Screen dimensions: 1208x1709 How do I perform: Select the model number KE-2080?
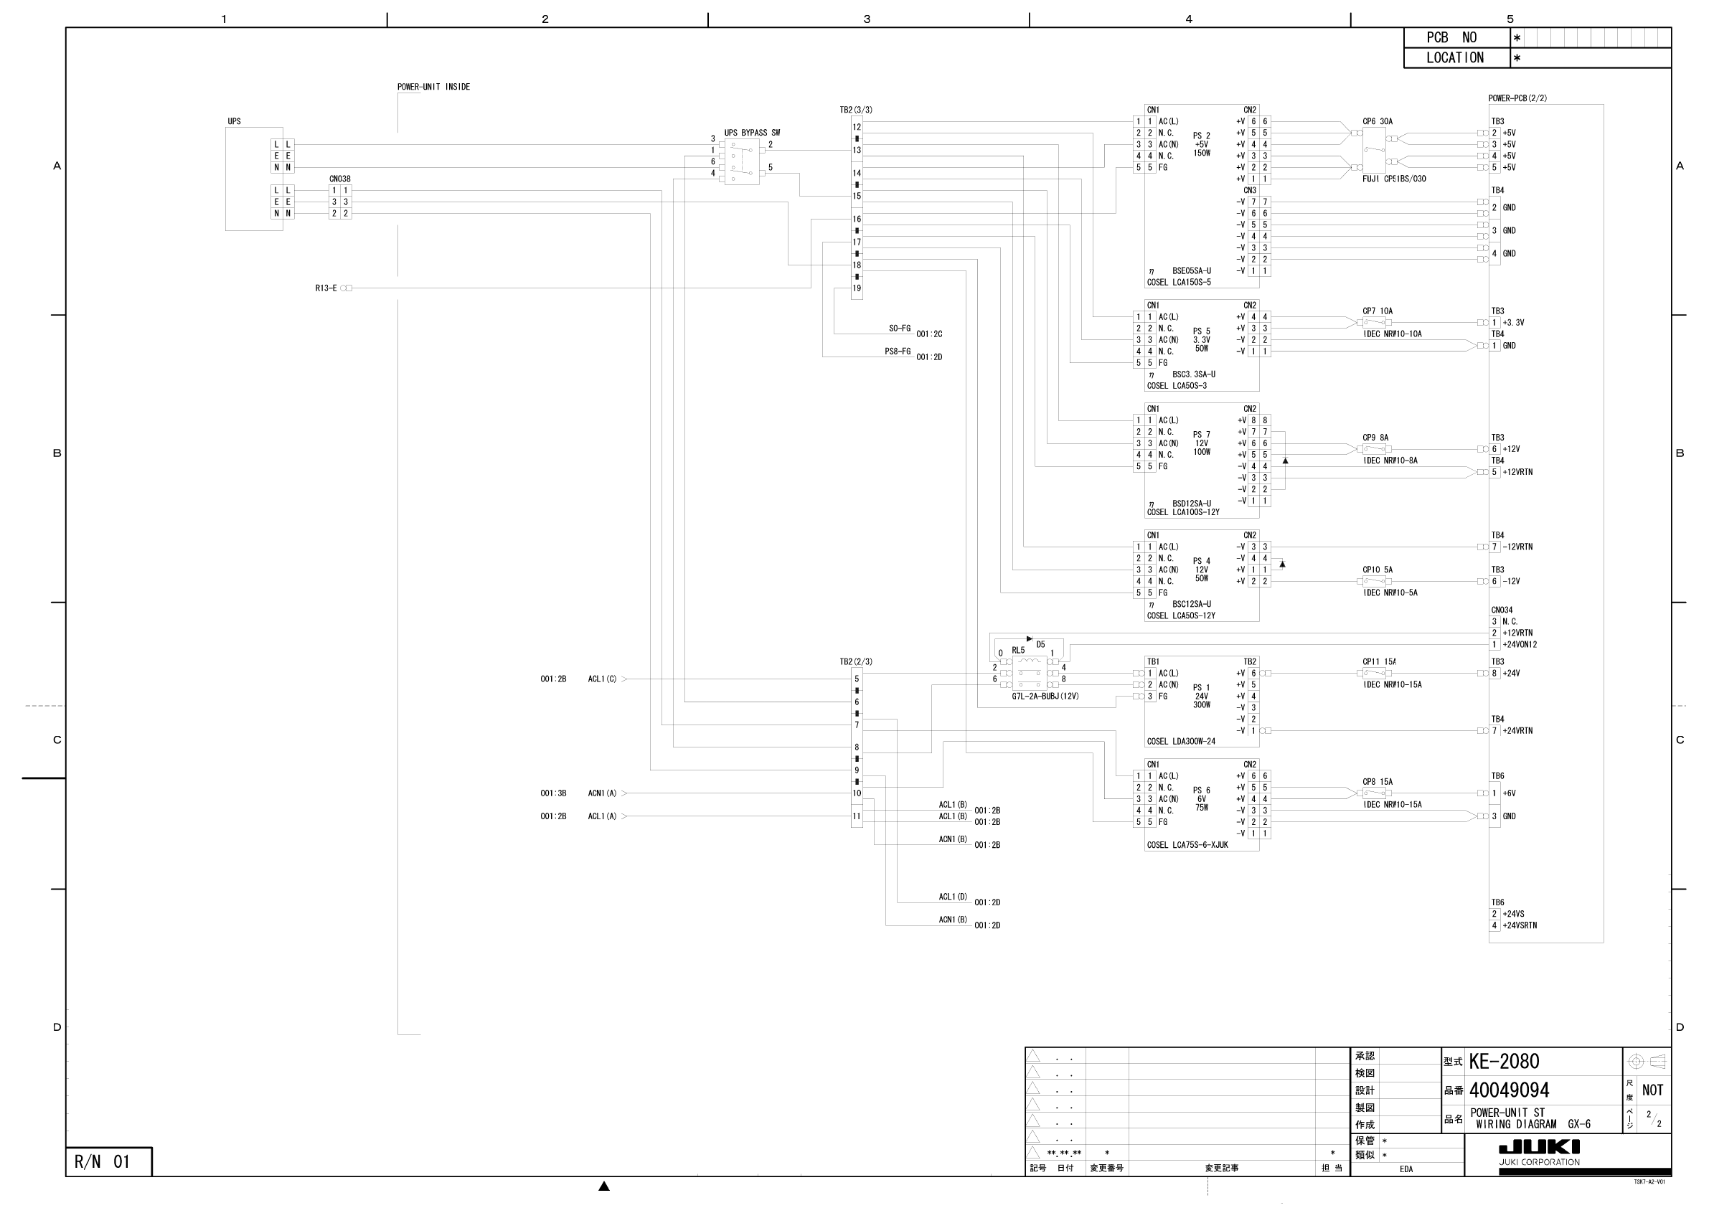tap(1504, 1062)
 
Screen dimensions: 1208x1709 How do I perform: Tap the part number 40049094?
tap(1509, 1090)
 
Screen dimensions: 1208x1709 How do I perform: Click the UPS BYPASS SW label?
tap(752, 133)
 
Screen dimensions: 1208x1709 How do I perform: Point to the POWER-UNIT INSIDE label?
tap(433, 87)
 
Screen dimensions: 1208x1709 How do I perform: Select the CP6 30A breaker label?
tap(1377, 121)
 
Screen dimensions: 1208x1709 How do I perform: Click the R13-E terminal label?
tap(326, 288)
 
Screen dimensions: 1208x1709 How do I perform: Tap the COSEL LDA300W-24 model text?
tap(1182, 742)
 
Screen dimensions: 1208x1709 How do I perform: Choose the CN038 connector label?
tap(339, 179)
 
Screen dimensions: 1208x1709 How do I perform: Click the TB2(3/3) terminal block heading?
tap(856, 110)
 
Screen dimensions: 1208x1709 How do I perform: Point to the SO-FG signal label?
tap(899, 329)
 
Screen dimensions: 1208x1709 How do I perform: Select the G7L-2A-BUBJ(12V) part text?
tap(1045, 697)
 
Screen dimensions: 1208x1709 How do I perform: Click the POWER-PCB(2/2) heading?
tap(1517, 98)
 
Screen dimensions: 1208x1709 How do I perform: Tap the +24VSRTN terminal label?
tap(1519, 926)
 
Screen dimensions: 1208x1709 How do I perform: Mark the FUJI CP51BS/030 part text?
tap(1394, 179)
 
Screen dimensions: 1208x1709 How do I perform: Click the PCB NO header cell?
tap(1451, 38)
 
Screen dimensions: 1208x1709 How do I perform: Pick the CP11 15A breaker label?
tap(1378, 661)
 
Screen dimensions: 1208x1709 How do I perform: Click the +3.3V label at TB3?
tap(1513, 323)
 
